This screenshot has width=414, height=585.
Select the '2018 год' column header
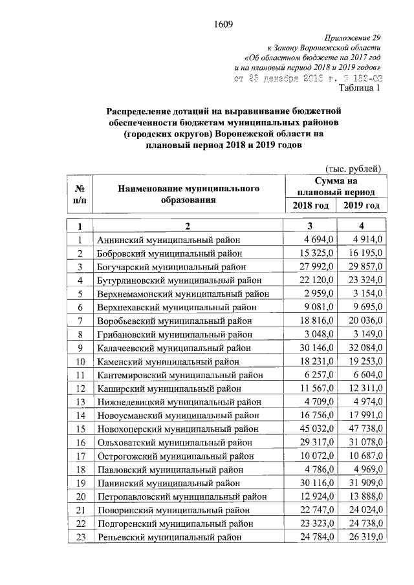309,205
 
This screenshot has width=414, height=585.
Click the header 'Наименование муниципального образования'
188,194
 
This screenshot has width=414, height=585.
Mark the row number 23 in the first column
80,537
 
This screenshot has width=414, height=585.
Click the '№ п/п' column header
80,194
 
